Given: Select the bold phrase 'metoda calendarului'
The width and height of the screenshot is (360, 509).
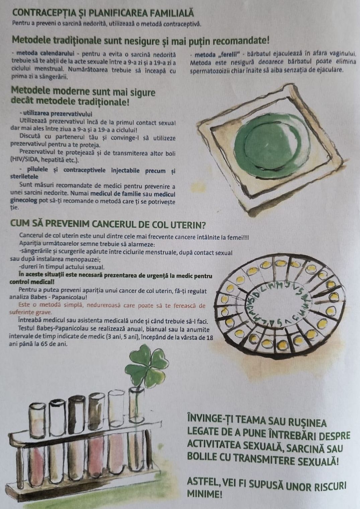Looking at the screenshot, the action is (46, 54).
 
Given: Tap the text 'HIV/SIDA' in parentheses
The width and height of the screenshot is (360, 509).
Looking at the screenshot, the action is (22, 160).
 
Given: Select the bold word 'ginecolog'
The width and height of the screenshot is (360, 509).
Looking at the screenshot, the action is (24, 201).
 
